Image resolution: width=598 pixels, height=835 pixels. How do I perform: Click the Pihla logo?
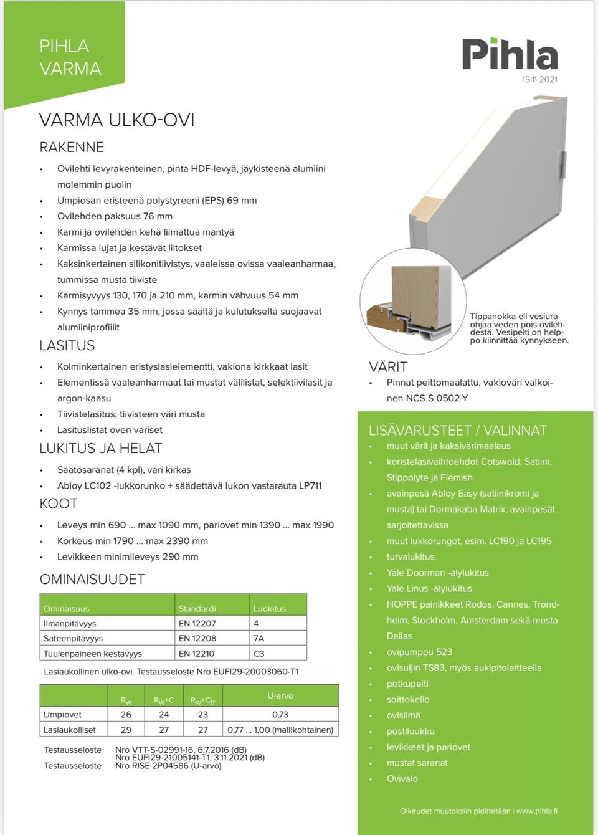(x=510, y=54)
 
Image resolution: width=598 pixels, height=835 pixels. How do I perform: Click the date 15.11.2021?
(x=539, y=80)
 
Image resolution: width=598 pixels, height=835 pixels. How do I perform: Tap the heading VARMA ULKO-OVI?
(x=116, y=120)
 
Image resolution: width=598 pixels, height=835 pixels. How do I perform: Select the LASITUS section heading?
(x=67, y=346)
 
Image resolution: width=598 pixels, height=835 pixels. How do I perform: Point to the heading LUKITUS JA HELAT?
(x=101, y=449)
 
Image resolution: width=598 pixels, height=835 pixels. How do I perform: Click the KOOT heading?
(x=59, y=504)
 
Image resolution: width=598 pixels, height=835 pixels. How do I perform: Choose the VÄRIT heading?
(x=388, y=367)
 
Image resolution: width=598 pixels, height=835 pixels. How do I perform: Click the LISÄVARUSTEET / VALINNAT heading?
(x=457, y=431)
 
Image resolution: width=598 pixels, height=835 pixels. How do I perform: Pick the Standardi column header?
(x=197, y=608)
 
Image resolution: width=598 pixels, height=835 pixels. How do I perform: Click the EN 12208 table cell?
(x=197, y=638)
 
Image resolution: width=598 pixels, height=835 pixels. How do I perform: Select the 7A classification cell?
(x=259, y=638)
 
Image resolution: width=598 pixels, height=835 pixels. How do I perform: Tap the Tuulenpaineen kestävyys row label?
(x=93, y=654)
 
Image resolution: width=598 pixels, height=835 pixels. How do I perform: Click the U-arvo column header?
(x=280, y=695)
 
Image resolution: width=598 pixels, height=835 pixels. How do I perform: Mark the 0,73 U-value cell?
(x=280, y=715)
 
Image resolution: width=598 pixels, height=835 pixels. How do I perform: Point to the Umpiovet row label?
(x=63, y=715)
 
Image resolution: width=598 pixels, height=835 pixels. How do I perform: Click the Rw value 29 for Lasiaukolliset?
(x=126, y=730)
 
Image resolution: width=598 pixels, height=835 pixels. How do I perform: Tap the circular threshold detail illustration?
(x=413, y=301)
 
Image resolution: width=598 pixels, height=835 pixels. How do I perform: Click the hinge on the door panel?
(x=563, y=164)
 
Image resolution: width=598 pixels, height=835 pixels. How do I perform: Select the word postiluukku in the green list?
(x=411, y=731)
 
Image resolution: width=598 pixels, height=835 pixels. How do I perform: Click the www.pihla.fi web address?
(x=536, y=811)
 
